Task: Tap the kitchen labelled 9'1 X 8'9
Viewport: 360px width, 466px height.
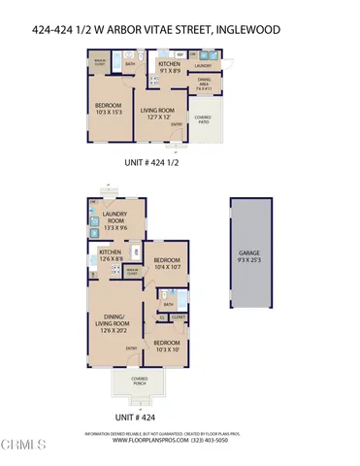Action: [175, 68]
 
